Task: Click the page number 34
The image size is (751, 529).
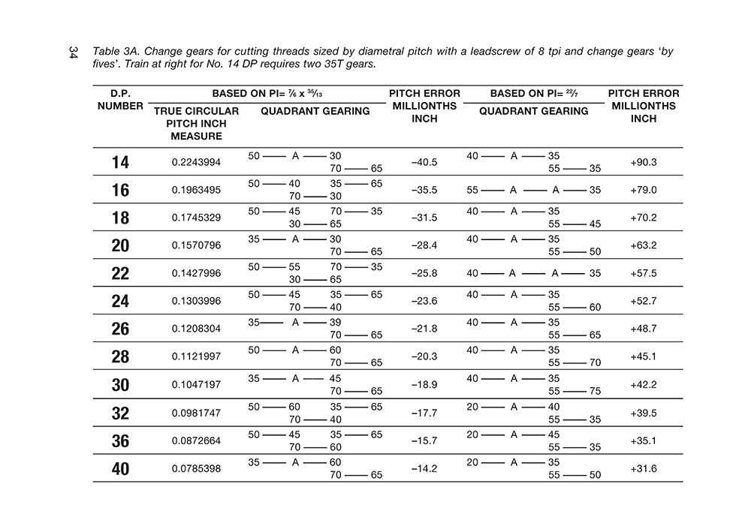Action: click(73, 53)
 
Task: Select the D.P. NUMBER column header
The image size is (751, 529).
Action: click(120, 100)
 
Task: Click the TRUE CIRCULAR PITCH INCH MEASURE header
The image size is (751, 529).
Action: click(196, 123)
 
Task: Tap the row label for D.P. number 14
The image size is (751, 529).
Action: click(120, 162)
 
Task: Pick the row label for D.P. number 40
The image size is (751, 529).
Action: click(120, 469)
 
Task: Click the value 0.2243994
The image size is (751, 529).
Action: click(196, 162)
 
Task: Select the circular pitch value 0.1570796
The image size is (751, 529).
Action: click(196, 245)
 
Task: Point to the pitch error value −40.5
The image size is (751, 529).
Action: click(424, 162)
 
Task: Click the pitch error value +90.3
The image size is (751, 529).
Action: click(644, 162)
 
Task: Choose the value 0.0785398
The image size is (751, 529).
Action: click(196, 469)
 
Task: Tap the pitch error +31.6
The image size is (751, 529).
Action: click(644, 469)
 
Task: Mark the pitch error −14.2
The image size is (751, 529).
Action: click(424, 469)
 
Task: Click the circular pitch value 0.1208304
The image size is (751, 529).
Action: click(196, 329)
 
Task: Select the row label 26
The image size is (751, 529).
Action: click(120, 329)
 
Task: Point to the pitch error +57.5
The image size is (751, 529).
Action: click(644, 274)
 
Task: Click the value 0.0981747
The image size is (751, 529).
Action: click(196, 413)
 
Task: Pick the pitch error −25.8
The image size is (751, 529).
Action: click(424, 274)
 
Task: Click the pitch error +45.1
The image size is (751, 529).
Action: click(644, 357)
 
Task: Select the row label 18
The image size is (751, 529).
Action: click(120, 218)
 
